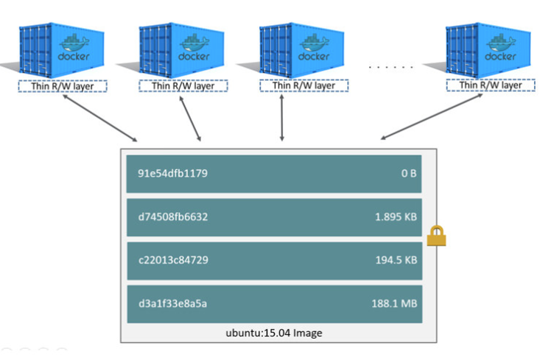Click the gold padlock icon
click(438, 236)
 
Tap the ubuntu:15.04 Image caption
click(273, 333)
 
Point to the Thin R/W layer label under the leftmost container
click(63, 85)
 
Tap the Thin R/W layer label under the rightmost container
click(491, 85)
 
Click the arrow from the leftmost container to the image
click(100, 118)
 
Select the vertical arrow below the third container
click(282, 118)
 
